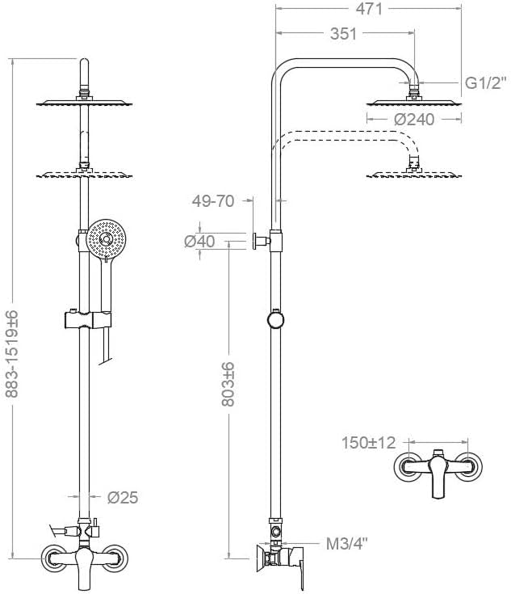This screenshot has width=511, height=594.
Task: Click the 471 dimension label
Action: click(x=369, y=9)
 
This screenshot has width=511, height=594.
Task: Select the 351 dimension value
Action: click(x=343, y=34)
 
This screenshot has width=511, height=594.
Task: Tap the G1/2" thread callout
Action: click(x=485, y=83)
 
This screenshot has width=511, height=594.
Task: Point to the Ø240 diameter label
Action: click(x=414, y=120)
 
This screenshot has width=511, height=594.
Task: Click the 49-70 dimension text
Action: click(x=213, y=200)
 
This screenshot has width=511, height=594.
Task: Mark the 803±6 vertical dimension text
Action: click(x=228, y=384)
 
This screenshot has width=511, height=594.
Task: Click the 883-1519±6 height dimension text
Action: click(x=12, y=353)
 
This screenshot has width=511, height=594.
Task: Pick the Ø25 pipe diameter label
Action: click(x=123, y=497)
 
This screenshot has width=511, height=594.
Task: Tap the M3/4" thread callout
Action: click(x=347, y=545)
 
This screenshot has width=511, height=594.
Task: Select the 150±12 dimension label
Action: click(x=368, y=443)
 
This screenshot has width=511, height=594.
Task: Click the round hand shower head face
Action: click(x=106, y=239)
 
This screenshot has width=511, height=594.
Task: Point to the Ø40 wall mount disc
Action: click(x=255, y=241)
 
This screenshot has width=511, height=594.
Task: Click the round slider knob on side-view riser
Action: click(x=275, y=320)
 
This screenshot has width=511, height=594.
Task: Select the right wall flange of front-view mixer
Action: click(x=115, y=558)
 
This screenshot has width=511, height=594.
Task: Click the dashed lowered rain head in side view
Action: click(x=414, y=175)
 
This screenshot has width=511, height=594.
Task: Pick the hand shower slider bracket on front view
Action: click(x=88, y=320)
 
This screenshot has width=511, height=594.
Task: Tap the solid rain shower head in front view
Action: click(x=84, y=103)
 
